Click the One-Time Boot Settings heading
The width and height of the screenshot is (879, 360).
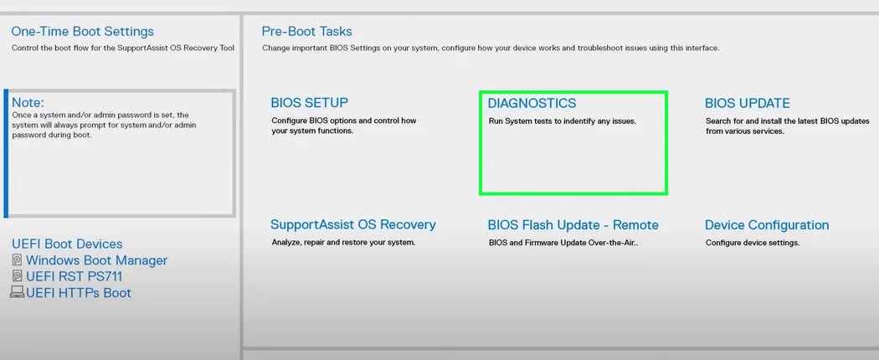pos(82,31)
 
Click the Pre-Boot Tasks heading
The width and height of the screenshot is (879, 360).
pos(306,31)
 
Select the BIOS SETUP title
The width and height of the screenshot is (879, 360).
pos(309,103)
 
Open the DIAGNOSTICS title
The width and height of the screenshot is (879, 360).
pos(532,103)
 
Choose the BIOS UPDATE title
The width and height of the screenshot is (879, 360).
pos(747,103)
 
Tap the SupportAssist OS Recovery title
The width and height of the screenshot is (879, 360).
pos(352,224)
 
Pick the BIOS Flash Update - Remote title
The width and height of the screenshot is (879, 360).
pos(573,224)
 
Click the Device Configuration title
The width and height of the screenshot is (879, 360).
pos(766,224)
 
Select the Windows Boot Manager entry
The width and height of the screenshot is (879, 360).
pos(96,260)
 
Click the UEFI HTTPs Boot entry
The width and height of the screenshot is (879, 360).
pos(79,293)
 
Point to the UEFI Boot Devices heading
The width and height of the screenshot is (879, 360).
pos(67,244)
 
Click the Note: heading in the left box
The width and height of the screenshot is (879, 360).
pos(28,102)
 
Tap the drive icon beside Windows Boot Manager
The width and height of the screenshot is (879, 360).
pos(17,260)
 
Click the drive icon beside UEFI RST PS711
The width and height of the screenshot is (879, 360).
pos(17,276)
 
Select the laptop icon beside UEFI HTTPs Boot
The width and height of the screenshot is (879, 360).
pos(17,292)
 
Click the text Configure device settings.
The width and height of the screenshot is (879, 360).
pos(752,243)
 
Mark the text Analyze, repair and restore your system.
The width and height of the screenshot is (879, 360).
pos(343,243)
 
